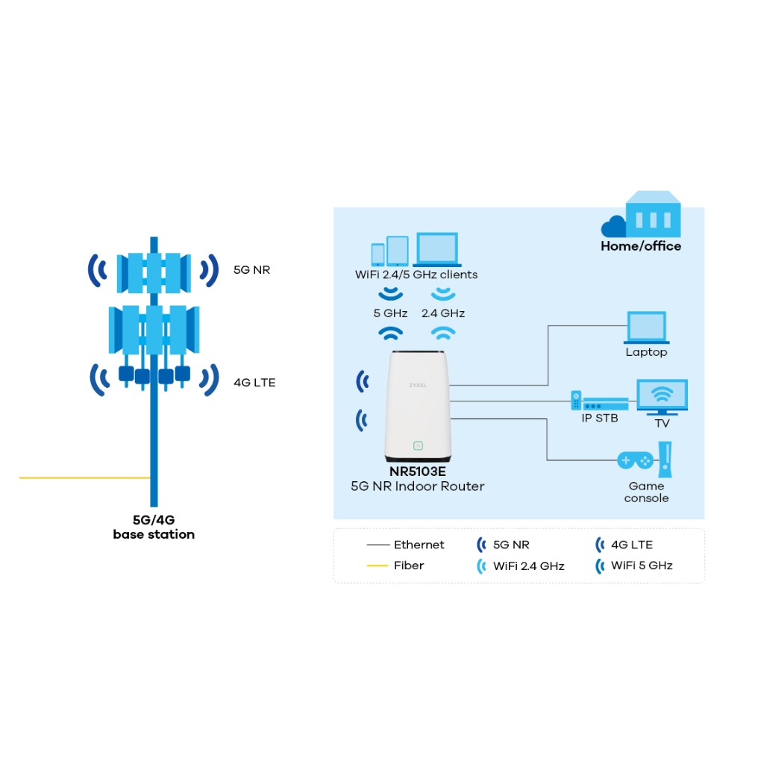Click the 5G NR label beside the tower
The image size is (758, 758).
252,270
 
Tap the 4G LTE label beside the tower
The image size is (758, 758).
254,383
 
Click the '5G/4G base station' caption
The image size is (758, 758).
154,527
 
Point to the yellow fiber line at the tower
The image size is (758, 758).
84,477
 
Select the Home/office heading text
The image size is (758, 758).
641,246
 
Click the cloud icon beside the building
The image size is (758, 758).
613,226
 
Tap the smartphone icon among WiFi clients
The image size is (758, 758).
378,254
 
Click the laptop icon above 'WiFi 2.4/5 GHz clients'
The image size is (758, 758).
437,249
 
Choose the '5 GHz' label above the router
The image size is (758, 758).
391,313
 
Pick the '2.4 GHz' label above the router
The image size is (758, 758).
443,313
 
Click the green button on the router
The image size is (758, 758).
418,445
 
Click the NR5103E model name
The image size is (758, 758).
418,472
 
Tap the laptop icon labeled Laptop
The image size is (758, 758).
647,328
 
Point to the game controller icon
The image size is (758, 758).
635,460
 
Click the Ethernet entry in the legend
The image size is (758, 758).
406,545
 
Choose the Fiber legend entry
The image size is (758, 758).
395,565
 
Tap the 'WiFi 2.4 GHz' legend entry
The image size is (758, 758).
521,566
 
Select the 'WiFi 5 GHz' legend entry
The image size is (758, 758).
633,566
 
